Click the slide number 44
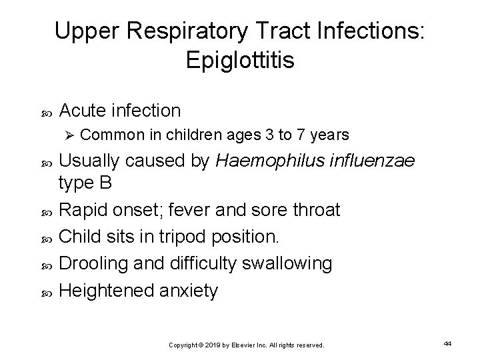tap(447, 343)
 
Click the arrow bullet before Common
tap(73, 136)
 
